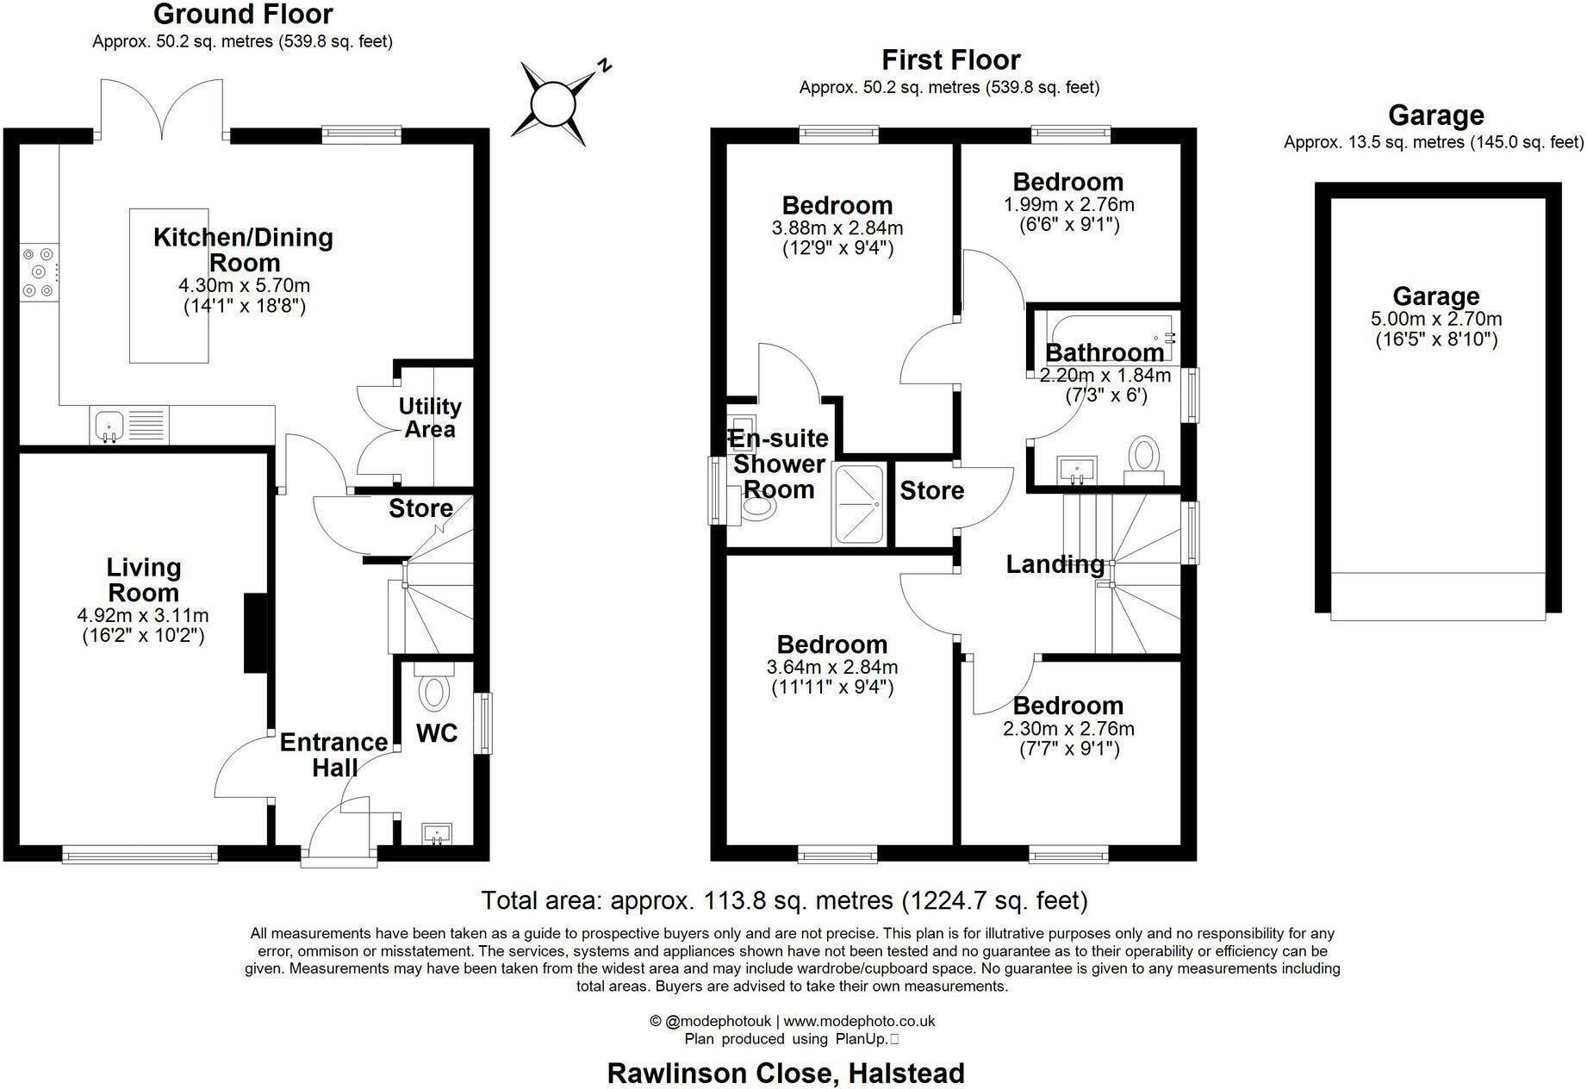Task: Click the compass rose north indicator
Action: (x=607, y=65)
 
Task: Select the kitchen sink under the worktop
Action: (x=129, y=425)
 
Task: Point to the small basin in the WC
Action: (x=437, y=834)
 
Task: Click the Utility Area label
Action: (x=430, y=417)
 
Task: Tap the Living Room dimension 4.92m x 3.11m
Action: (x=143, y=615)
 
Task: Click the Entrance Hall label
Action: (x=333, y=755)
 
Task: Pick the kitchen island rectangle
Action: (x=169, y=285)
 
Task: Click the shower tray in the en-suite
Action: (x=858, y=505)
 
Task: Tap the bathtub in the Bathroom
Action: (x=1110, y=337)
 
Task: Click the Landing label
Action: (x=1055, y=564)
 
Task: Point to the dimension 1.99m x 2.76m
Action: (x=1068, y=205)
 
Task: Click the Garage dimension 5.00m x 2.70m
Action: (x=1436, y=319)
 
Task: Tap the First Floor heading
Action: (x=950, y=59)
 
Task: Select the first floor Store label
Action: (x=931, y=491)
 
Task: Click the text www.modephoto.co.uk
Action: (x=859, y=1021)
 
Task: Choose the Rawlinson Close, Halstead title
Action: (x=786, y=1073)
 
